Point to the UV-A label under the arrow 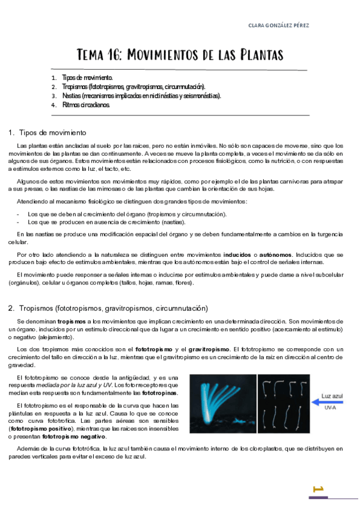(x=330, y=408)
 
